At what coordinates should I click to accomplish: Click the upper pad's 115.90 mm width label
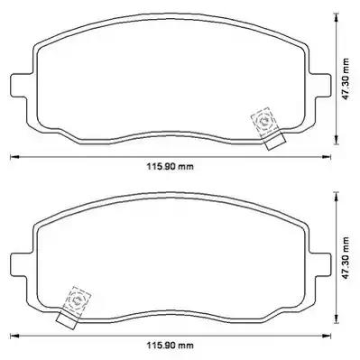170,166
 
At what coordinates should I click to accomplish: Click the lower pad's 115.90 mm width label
170,345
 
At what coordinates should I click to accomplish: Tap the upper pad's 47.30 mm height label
346,79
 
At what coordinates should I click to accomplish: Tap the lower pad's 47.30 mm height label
346,258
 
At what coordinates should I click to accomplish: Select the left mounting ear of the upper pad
21,85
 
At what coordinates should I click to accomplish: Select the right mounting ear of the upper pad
320,85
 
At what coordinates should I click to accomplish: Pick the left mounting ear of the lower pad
21,263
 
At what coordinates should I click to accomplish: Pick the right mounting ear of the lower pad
320,263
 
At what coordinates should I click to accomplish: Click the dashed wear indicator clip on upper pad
263,123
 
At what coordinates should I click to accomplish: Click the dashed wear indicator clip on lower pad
77,301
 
